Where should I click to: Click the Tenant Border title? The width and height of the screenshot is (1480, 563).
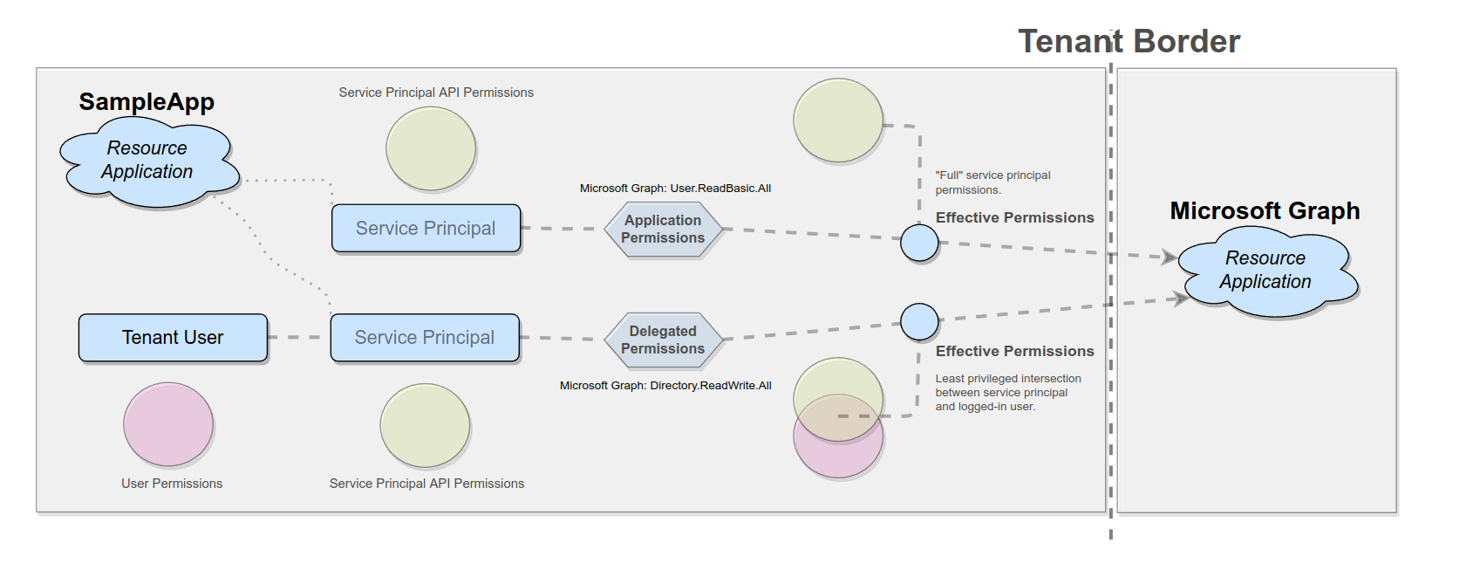[x=1129, y=41]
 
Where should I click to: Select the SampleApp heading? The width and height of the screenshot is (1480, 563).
[x=147, y=101]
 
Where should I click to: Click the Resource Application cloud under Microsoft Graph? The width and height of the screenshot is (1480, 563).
[x=1265, y=271]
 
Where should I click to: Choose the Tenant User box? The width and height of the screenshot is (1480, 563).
[x=173, y=338]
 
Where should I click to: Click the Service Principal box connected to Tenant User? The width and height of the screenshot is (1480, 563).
[x=425, y=338]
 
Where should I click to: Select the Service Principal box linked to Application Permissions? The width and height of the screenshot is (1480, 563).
[x=426, y=229]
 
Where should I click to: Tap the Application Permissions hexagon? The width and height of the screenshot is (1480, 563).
[x=663, y=230]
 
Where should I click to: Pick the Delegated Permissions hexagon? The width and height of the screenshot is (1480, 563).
[x=663, y=340]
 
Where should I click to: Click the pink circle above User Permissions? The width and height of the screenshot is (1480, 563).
[x=168, y=424]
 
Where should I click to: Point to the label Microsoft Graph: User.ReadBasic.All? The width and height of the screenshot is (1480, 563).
[x=675, y=189]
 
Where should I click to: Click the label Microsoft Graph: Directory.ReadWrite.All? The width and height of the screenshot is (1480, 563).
[x=665, y=386]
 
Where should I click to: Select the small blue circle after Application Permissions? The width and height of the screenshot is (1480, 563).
[x=919, y=243]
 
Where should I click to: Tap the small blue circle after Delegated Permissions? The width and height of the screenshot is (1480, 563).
[x=919, y=322]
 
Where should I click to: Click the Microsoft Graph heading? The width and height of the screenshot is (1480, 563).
[x=1265, y=211]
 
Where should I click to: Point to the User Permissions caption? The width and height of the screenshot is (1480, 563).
[x=172, y=484]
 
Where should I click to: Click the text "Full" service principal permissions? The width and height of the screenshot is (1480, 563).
[x=992, y=182]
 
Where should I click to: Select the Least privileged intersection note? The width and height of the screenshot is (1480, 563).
[x=1007, y=393]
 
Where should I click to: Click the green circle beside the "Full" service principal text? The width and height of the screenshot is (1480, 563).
[x=838, y=120]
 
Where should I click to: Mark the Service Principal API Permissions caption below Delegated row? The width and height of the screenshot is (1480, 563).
[x=426, y=484]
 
